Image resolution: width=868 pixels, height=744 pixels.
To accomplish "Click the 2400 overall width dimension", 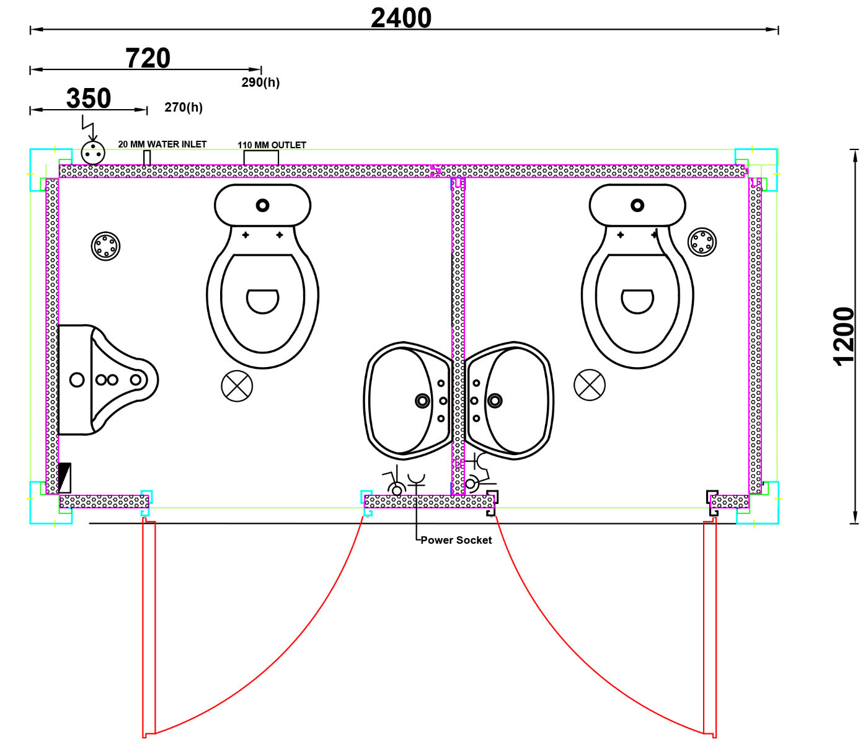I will tap(401, 18).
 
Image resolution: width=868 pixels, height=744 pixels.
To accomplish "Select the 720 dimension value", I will tap(148, 58).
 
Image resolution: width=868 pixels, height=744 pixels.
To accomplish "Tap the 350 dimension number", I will tap(89, 99).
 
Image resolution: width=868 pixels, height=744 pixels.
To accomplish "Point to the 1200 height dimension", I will tap(844, 337).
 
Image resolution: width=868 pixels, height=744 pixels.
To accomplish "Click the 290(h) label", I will tap(260, 82).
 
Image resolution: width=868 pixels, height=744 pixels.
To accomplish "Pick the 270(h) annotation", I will tap(184, 107).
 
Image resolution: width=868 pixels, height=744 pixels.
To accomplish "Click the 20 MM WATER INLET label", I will tap(162, 144).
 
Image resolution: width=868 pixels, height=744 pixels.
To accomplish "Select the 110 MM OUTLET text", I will tap(272, 145).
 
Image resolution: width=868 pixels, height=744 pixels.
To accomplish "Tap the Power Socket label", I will tap(456, 540).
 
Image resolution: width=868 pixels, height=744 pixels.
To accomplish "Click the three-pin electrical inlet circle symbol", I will tap(93, 153).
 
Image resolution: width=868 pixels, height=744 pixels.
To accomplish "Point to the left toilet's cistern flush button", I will tap(262, 205).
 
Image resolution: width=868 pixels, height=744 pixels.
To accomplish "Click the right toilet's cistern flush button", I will tap(637, 205).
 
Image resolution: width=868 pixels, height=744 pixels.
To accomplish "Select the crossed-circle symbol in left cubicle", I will tap(237, 386).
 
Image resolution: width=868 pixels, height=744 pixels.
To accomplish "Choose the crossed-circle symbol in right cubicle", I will tap(590, 385).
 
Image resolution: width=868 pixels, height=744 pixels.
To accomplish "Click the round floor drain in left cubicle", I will tap(106, 246).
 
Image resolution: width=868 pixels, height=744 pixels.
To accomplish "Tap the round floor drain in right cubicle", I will tap(702, 242).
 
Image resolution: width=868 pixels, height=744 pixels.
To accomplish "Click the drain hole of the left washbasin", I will tap(422, 401).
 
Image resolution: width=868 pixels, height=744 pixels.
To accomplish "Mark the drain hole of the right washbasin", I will tap(495, 401).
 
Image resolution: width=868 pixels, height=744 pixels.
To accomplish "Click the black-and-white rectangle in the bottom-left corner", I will tap(64, 478).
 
